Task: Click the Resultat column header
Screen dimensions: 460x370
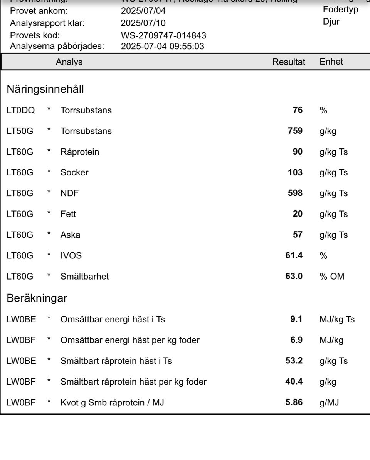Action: click(289, 62)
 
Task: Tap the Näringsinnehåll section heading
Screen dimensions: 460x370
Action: click(45, 90)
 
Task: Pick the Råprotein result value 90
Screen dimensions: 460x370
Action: click(298, 152)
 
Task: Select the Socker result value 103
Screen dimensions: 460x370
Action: click(295, 173)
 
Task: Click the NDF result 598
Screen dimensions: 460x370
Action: click(295, 193)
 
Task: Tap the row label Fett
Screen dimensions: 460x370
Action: click(68, 214)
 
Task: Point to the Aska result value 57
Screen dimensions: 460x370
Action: click(298, 235)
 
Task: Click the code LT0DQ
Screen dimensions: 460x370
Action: click(21, 110)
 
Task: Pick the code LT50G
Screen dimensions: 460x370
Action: click(20, 131)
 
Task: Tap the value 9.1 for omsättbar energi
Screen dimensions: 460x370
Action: click(296, 320)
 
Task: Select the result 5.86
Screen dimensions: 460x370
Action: click(294, 403)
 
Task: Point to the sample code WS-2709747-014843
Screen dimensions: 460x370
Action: click(163, 36)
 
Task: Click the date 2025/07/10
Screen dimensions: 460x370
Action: click(143, 23)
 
